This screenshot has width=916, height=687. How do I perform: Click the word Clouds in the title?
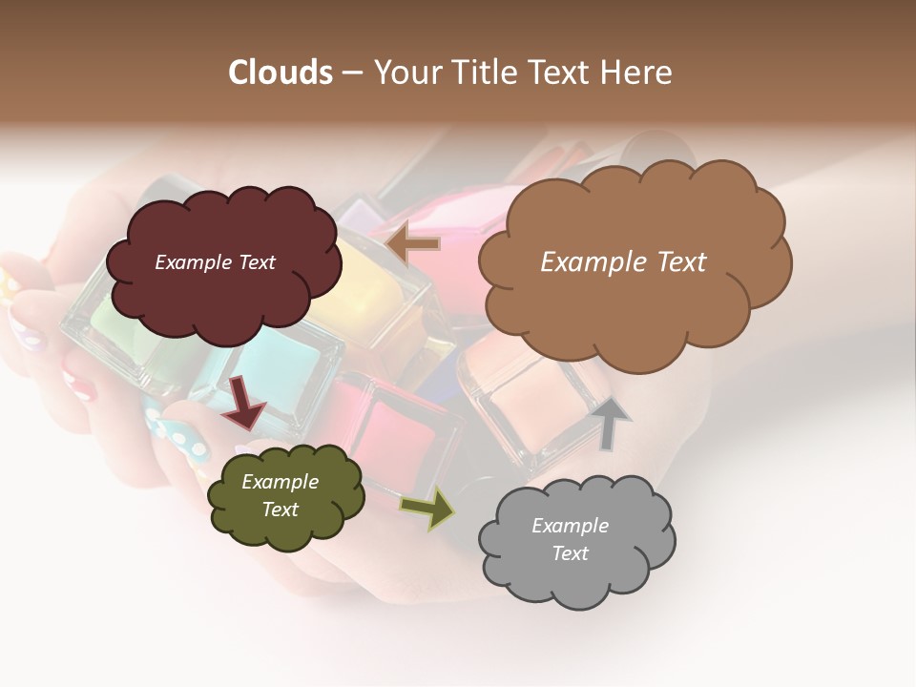coord(281,73)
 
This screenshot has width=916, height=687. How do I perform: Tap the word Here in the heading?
coord(635,73)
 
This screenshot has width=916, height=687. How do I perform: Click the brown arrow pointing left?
coord(414,244)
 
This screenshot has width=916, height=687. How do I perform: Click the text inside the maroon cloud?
coord(215,262)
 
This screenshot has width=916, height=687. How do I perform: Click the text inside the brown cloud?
coord(623,262)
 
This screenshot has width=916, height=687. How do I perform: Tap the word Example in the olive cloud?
coord(280,482)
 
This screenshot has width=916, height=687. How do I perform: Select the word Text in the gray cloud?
coord(570,553)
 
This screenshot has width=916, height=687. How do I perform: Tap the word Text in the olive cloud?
coord(280,510)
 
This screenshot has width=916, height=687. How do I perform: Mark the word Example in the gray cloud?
coord(570,526)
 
